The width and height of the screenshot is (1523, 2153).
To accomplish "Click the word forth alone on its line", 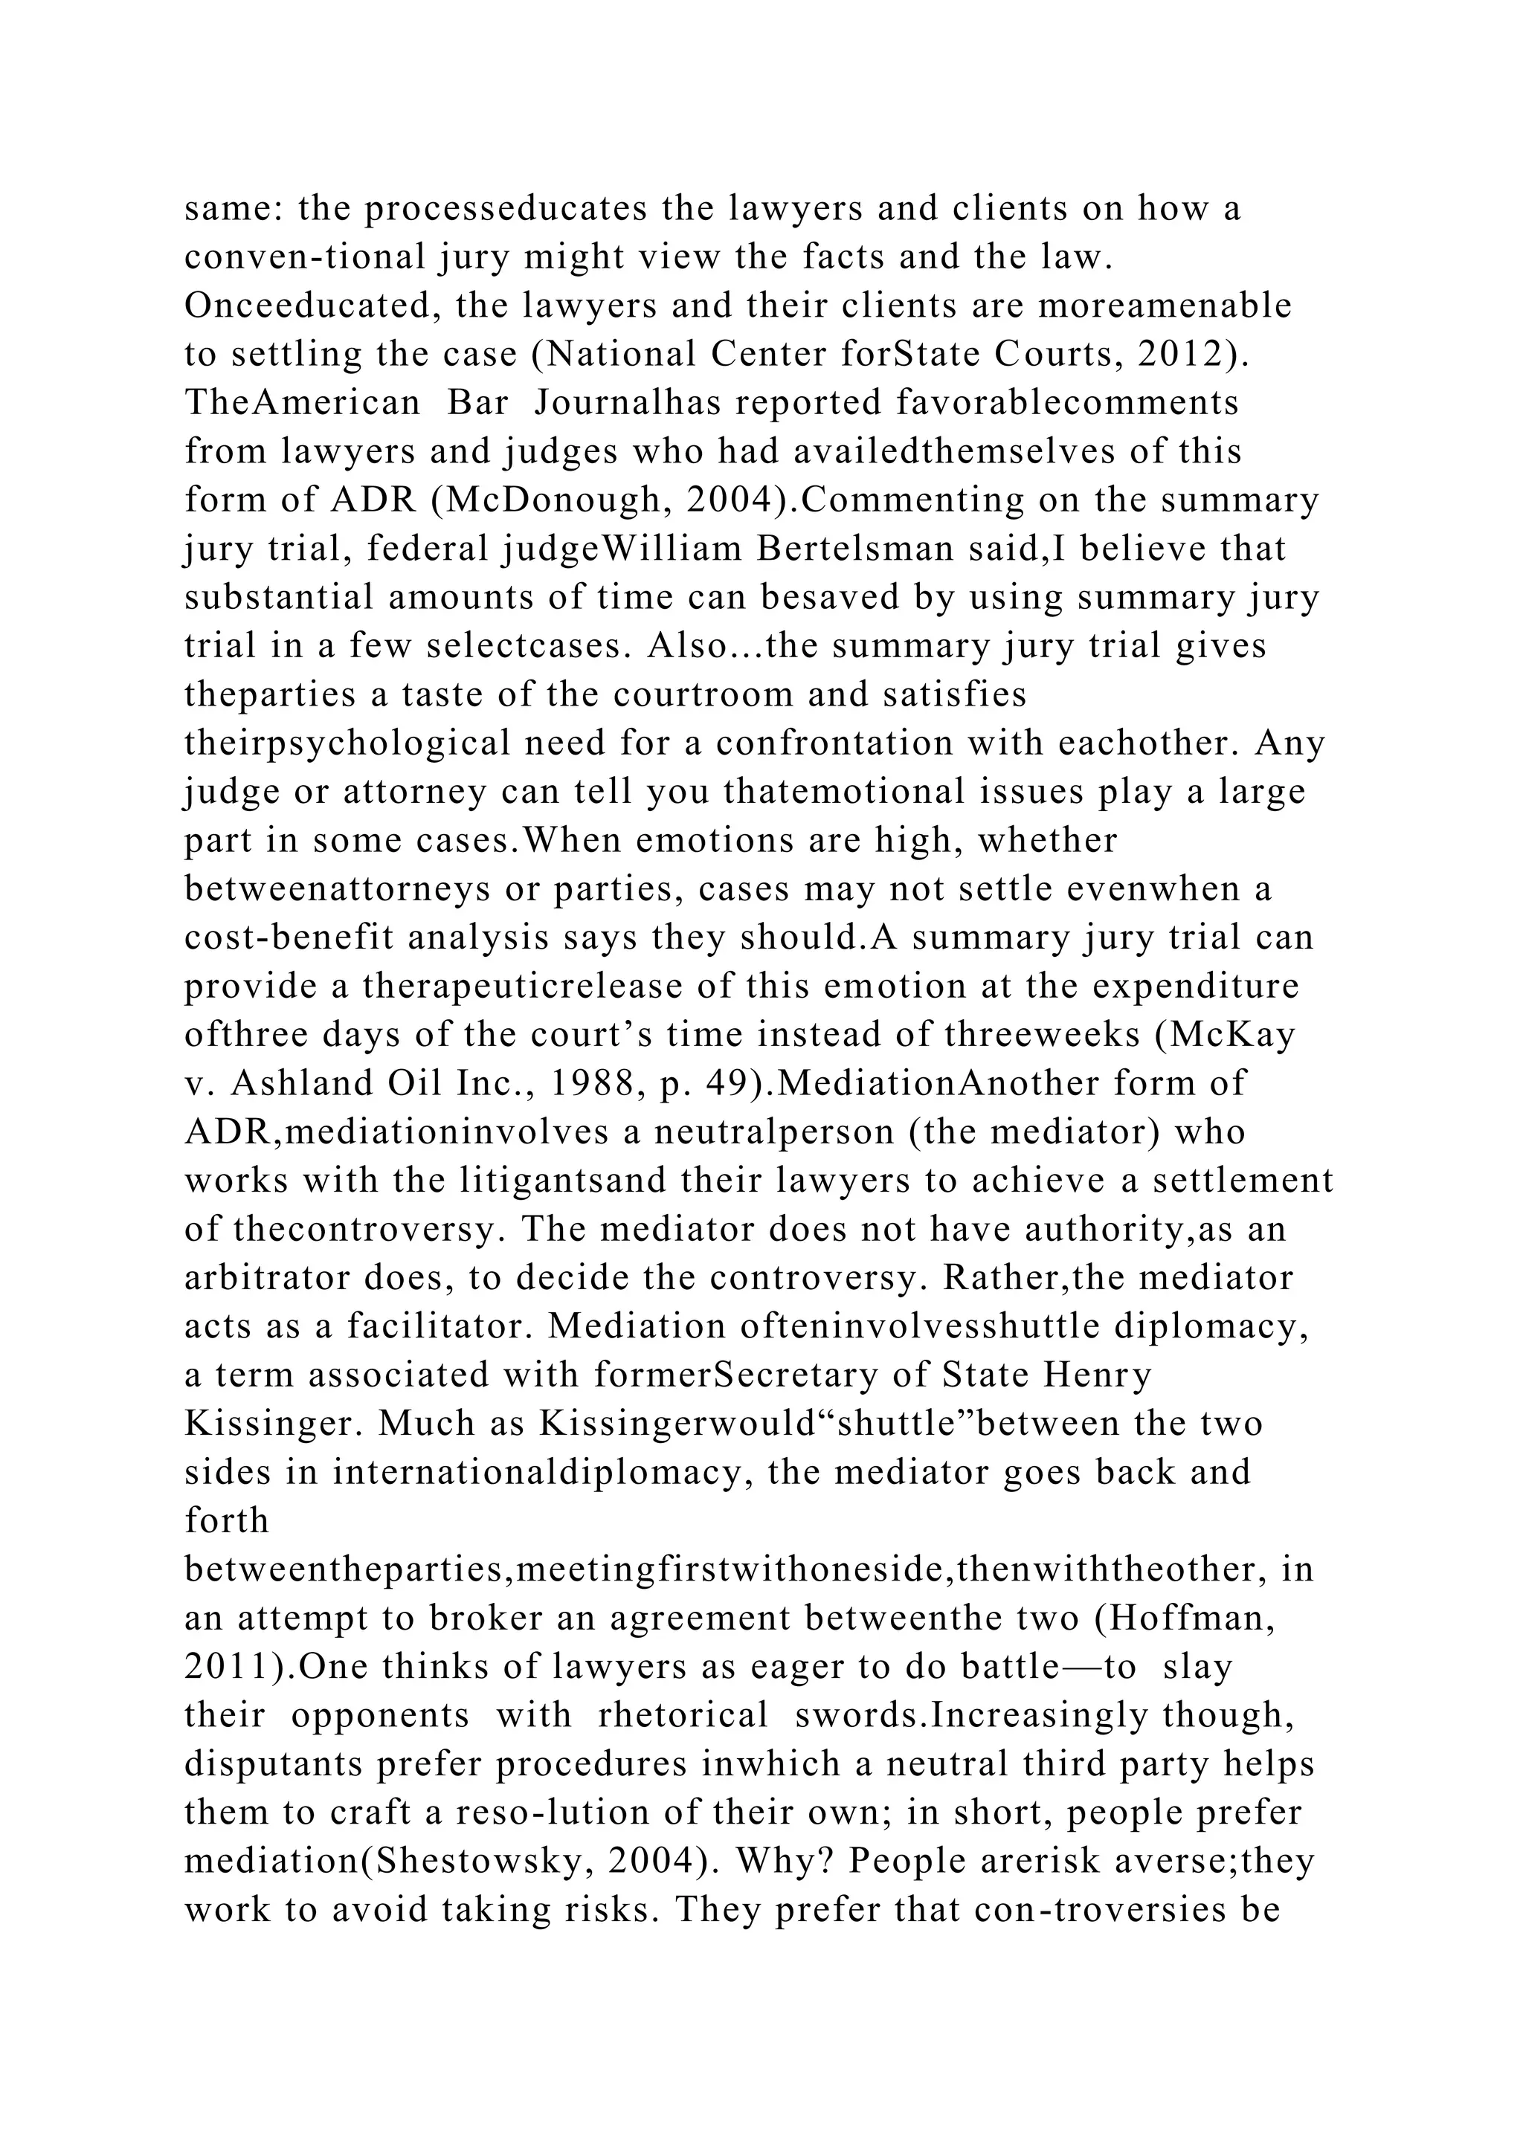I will (227, 1520).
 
